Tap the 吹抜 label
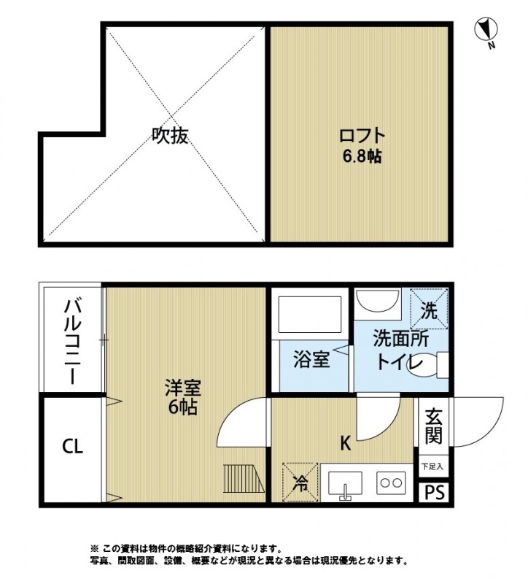[170, 135]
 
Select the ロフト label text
[362, 136]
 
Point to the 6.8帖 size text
[362, 155]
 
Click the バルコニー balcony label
[71, 342]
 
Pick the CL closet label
[71, 446]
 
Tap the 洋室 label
[182, 388]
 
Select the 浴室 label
[312, 359]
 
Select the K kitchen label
[346, 442]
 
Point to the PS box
[433, 491]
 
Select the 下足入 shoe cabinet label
[432, 465]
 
